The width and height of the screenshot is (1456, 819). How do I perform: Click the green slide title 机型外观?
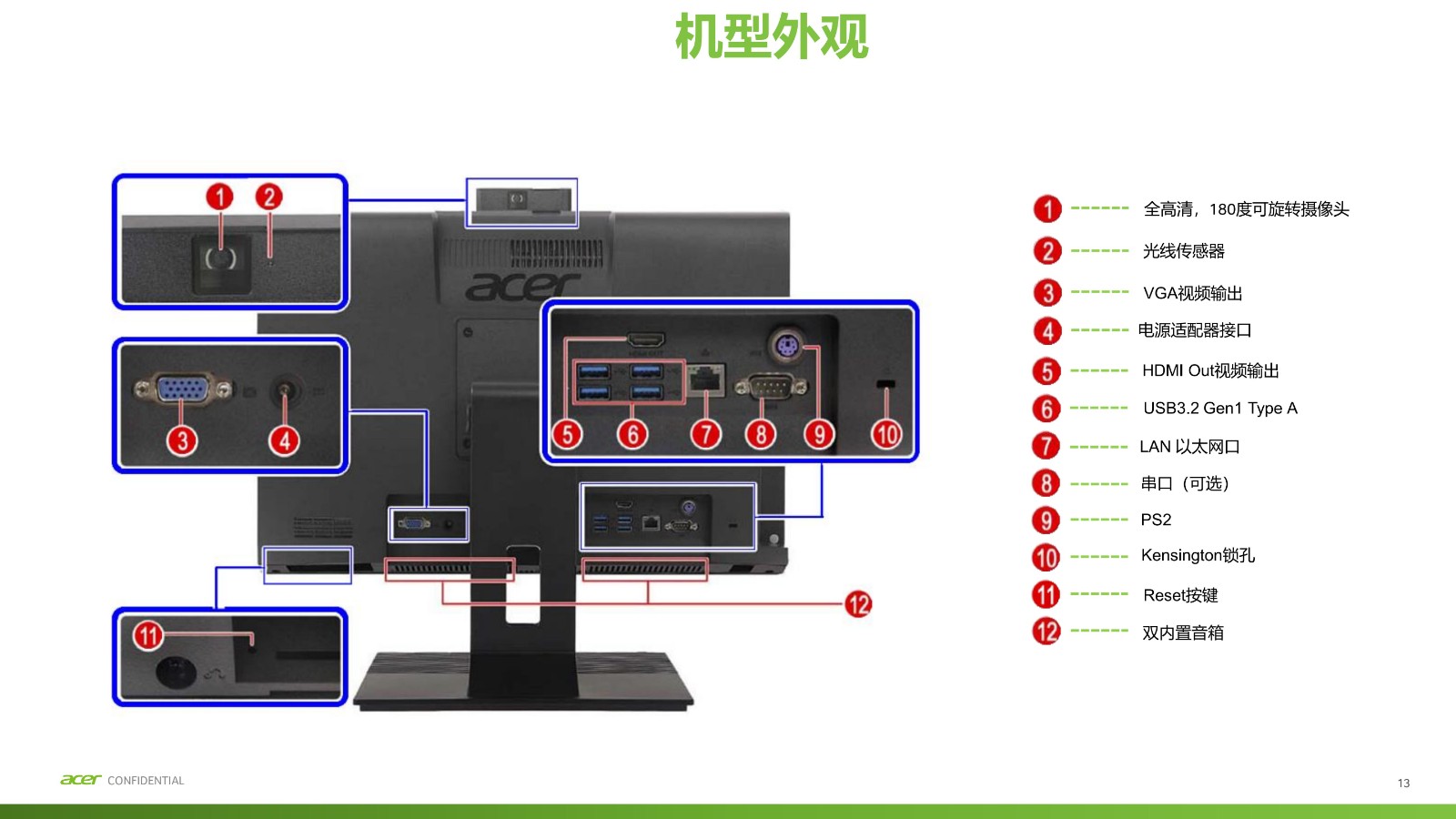[772, 37]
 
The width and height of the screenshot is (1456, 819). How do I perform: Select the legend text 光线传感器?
[1183, 251]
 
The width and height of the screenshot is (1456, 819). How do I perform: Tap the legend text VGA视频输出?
[1192, 293]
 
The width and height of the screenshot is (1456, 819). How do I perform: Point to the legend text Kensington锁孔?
[1198, 555]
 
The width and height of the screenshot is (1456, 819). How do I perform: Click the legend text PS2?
[1156, 520]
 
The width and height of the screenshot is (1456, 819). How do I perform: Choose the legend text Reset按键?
[1180, 595]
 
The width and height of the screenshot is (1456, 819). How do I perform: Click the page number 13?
[1403, 783]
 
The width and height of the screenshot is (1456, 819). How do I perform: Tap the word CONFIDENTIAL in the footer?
[146, 781]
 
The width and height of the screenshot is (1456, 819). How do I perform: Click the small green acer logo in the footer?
[80, 780]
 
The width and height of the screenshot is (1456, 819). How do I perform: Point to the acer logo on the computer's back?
[522, 287]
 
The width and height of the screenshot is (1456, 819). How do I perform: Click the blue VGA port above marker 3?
[182, 389]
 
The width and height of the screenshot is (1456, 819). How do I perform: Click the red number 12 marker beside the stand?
[857, 603]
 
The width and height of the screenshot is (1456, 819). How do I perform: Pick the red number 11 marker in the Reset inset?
[148, 634]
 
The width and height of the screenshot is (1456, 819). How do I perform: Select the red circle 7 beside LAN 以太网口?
[1046, 446]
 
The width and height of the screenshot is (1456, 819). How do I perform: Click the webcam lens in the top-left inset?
[220, 258]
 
